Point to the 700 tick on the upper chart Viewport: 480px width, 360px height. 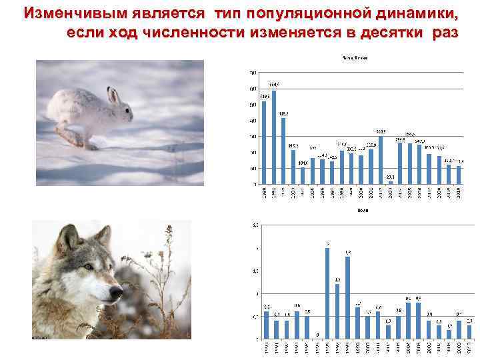pos(252,73)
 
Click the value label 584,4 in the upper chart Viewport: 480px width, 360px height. pos(274,85)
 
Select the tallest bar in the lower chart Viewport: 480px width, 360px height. pos(327,293)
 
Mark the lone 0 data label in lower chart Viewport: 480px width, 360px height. pos(317,335)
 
